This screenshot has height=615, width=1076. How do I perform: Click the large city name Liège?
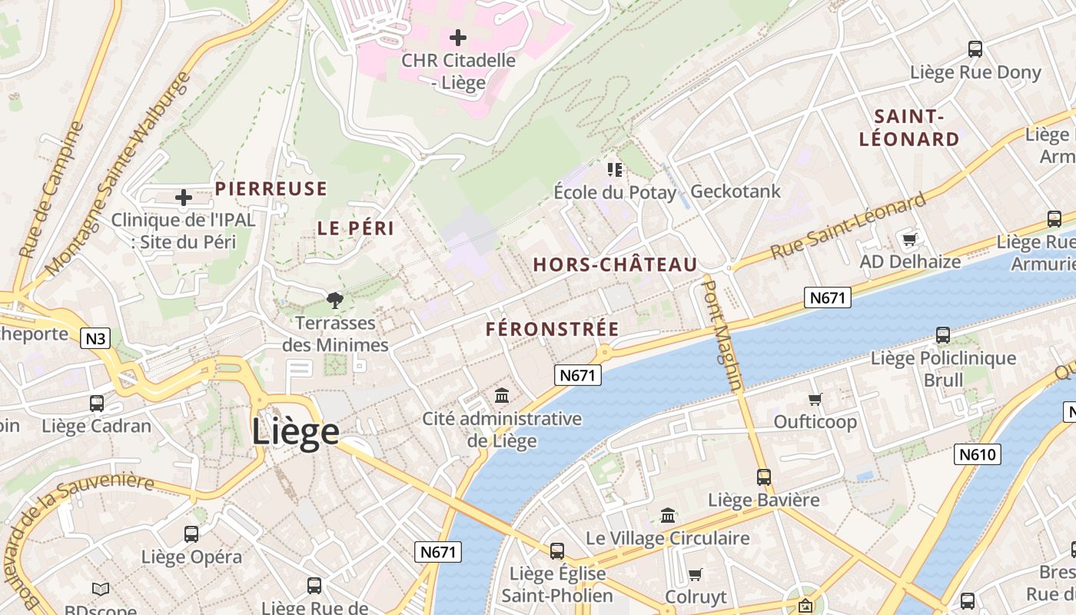click(295, 432)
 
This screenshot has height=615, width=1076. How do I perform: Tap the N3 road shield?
click(95, 338)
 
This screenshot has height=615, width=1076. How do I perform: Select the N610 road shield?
click(978, 454)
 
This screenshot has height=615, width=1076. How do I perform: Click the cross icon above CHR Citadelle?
click(458, 37)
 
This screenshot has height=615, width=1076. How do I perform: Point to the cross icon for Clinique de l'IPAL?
click(184, 198)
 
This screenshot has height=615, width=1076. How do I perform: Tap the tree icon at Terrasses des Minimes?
click(334, 300)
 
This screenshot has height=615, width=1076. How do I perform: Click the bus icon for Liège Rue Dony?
click(975, 49)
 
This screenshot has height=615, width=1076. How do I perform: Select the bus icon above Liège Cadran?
click(97, 403)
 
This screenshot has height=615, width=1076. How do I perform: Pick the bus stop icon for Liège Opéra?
click(191, 534)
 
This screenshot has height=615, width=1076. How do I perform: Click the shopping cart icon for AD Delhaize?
click(910, 239)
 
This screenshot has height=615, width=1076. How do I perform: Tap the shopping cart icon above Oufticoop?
click(815, 399)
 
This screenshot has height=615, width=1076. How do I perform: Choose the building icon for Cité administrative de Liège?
click(502, 396)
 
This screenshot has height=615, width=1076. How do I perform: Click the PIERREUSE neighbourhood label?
click(271, 188)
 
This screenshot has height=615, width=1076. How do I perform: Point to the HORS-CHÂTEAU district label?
click(615, 265)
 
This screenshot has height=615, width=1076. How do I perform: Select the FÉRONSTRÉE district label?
click(552, 329)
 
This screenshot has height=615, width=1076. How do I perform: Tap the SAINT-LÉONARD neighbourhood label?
click(909, 128)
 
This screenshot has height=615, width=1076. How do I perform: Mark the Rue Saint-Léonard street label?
click(849, 226)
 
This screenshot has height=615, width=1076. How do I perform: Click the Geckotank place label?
click(735, 191)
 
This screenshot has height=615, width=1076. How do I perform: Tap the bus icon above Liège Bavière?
click(763, 477)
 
